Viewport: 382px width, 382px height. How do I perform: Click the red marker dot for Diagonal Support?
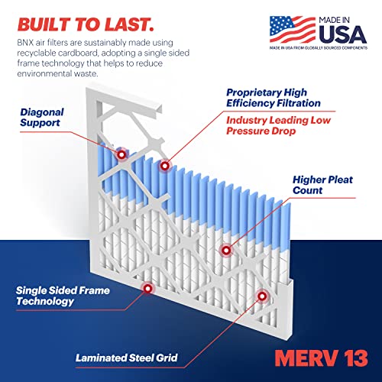click(121, 154)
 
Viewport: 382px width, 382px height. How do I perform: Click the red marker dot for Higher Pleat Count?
click(225, 250)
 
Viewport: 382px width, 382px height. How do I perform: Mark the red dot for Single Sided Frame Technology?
click(147, 288)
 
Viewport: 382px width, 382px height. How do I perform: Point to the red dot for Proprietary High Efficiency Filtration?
click(163, 165)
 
